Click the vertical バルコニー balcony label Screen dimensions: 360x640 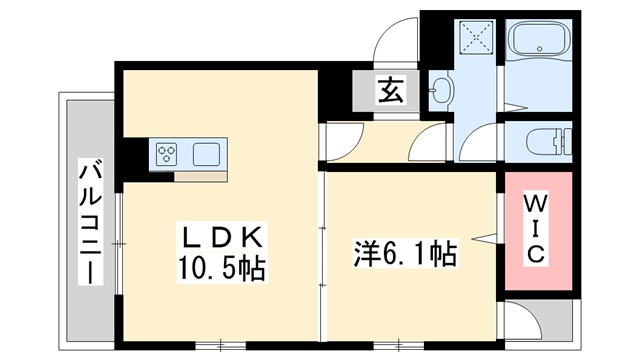pos(89,222)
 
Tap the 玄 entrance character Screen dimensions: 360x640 pos(390,91)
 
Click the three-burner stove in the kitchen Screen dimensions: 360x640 pos(167,154)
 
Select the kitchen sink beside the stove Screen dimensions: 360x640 pos(207,154)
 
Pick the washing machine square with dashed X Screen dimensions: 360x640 pos(476,41)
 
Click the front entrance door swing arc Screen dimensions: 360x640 pos(394,45)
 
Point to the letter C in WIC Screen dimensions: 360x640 pos(536,255)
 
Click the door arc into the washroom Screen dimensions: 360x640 pos(481,140)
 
